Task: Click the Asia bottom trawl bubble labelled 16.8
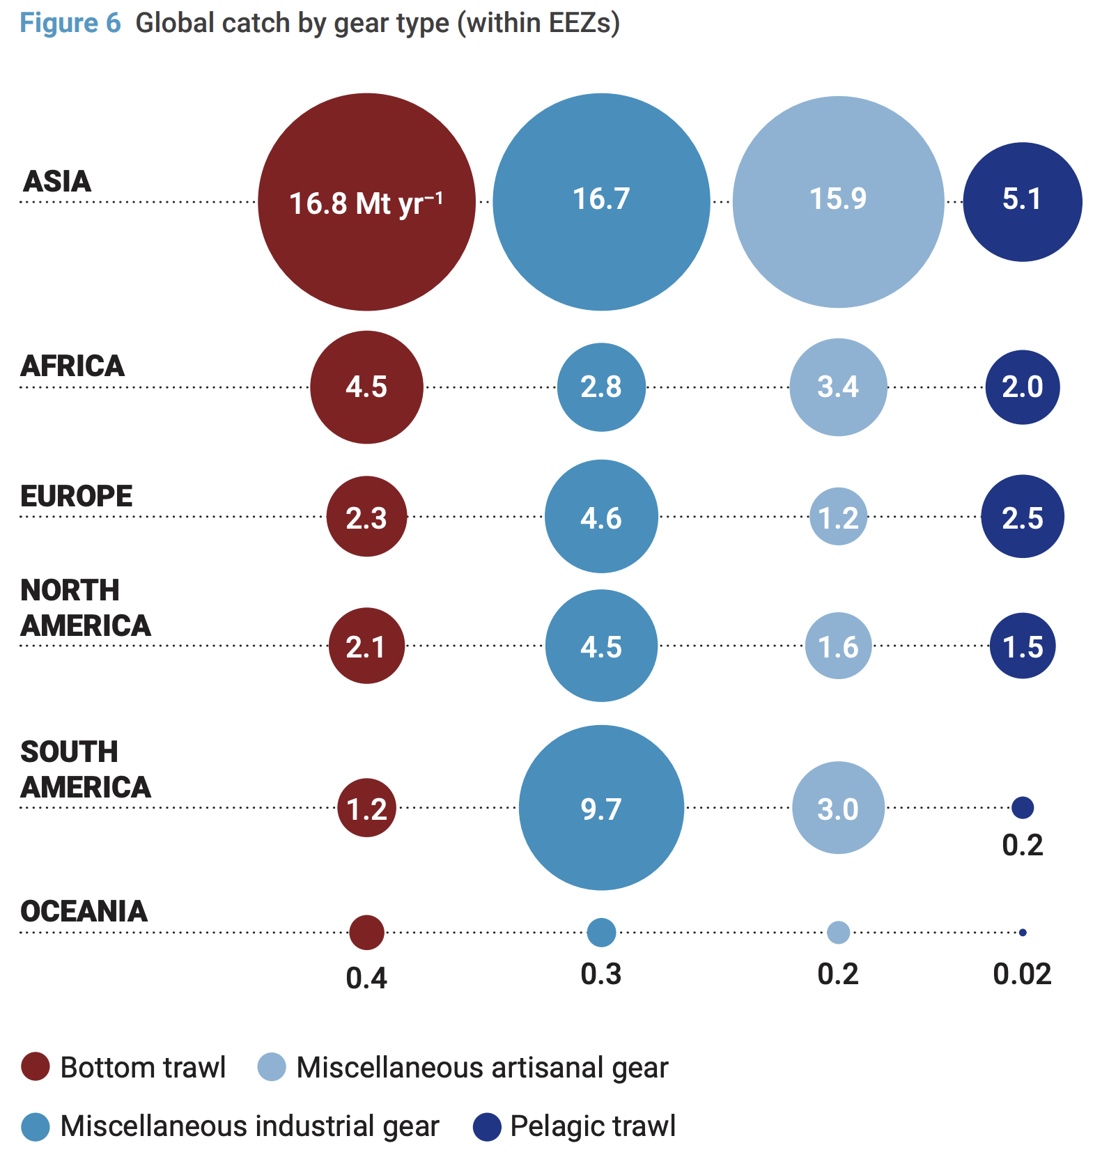coord(366,202)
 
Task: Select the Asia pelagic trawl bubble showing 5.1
coord(1022,202)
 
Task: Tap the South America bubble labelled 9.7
coord(601,808)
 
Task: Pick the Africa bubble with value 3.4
coord(838,387)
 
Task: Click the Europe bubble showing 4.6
coord(601,517)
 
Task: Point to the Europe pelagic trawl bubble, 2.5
coord(1022,517)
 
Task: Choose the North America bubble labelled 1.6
coord(838,646)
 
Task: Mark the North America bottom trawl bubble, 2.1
coord(366,646)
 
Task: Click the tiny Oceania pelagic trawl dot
coord(1022,932)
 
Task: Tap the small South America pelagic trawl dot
coord(1022,808)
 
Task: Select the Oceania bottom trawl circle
coord(366,932)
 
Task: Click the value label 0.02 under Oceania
coord(1022,974)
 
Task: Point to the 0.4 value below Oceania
coord(366,979)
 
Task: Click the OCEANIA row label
coord(84,911)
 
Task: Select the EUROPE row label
coord(77,497)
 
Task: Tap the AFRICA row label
coord(73,366)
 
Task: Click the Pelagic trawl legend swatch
coord(487,1127)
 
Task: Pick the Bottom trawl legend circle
coord(36,1067)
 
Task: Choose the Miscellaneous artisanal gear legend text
coord(482,1068)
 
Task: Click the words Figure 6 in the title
coord(70,23)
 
